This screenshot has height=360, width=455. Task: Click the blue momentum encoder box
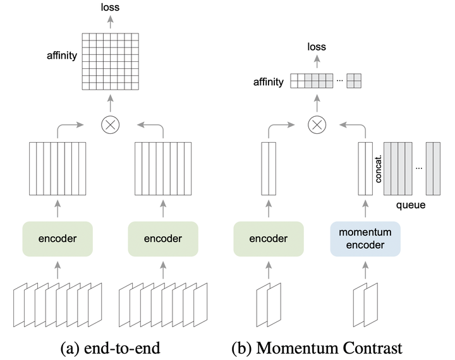tap(365, 239)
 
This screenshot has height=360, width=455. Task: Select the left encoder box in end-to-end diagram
tap(58, 239)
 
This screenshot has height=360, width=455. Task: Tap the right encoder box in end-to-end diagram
tap(162, 239)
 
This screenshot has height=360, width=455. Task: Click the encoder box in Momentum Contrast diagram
tap(268, 239)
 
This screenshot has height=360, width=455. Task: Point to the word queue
tap(410, 205)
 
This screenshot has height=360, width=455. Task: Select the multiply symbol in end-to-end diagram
tap(110, 125)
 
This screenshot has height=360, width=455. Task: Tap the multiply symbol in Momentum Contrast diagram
tap(316, 125)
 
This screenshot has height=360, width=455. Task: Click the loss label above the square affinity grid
tap(110, 8)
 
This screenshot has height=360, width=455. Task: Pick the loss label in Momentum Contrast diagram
tap(317, 46)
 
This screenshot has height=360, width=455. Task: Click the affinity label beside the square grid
tap(61, 56)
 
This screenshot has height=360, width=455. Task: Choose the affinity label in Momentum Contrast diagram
tap(268, 82)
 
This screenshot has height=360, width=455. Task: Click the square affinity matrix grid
tap(110, 56)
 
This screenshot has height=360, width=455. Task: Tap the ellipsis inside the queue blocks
tap(419, 167)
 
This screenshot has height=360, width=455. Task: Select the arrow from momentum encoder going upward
tap(365, 208)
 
